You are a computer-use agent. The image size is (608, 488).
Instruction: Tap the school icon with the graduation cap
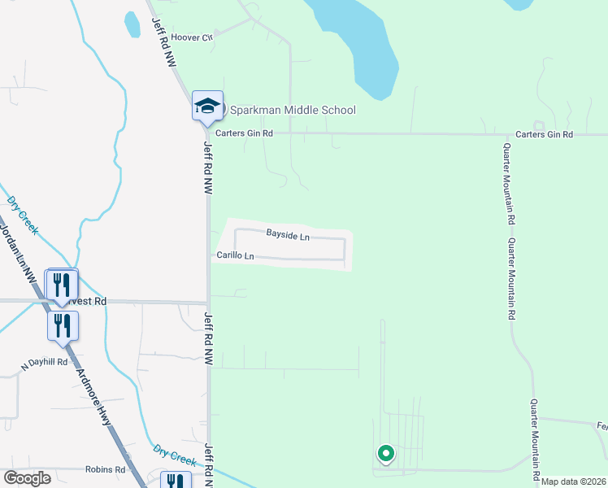coord(206,106)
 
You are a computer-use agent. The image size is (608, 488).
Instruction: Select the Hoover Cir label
coord(191,37)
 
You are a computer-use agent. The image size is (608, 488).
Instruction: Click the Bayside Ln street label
coord(288,234)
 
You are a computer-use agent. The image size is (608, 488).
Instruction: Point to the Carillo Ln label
coord(235,256)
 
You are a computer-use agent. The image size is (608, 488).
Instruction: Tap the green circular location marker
coord(385,454)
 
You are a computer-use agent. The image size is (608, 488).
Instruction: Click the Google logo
coord(27,478)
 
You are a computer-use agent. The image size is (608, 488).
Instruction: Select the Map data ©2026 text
coord(574,481)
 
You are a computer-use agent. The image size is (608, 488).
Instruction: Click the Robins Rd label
coord(106,469)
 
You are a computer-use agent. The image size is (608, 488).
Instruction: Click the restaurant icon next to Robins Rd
coord(175,481)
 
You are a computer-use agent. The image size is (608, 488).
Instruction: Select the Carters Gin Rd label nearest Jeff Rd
coord(243,133)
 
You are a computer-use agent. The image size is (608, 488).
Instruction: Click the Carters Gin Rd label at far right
coord(545,134)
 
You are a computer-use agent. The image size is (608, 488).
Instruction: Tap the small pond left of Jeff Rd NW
coord(132,24)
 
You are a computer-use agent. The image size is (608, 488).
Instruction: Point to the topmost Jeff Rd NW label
coord(163,28)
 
